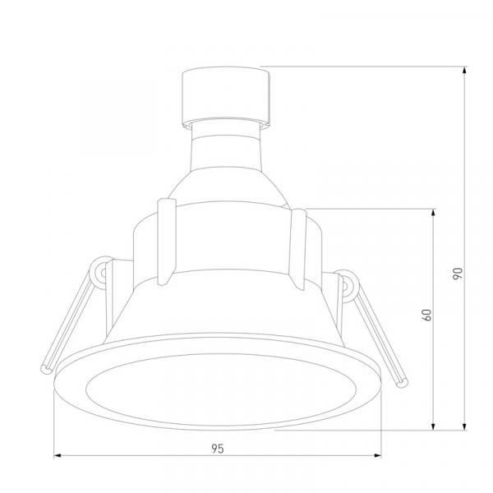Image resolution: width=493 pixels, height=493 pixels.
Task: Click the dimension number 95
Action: [x=218, y=449]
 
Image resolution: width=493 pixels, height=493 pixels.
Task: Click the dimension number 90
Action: [x=458, y=274]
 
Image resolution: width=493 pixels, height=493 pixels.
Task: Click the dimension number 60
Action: [x=426, y=315]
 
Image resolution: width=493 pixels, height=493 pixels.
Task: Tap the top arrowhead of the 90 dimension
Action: [x=465, y=70]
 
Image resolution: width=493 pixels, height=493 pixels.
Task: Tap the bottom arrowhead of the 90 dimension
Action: [x=465, y=426]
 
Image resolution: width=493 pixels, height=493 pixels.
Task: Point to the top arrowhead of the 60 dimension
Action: [x=433, y=212]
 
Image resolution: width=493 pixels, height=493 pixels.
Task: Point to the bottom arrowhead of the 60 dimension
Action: [x=433, y=426]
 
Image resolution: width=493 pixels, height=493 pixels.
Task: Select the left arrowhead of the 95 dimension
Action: [x=58, y=455]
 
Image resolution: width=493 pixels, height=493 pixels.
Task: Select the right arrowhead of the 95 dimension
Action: [x=377, y=455]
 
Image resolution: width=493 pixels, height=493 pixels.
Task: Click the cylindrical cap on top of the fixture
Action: [x=226, y=97]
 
